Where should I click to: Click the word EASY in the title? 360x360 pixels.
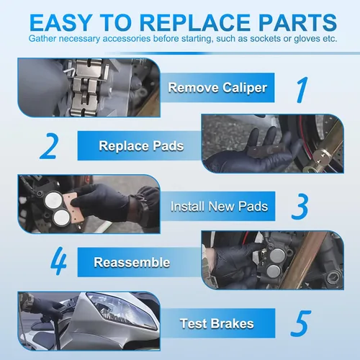[60, 22]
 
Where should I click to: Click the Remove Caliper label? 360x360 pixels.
[217, 88]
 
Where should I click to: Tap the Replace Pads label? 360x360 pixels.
[141, 145]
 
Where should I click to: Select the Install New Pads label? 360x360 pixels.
[219, 207]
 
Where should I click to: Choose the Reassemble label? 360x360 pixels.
[132, 262]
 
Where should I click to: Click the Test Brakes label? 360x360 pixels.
[217, 323]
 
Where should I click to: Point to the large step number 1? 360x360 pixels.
[302, 90]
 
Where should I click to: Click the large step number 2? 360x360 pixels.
[49, 146]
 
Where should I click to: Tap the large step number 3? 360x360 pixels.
[300, 207]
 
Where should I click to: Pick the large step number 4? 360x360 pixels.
[58, 261]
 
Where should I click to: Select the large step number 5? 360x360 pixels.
[300, 323]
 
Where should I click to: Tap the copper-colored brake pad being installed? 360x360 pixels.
[73, 207]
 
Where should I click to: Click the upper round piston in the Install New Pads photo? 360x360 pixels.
[53, 200]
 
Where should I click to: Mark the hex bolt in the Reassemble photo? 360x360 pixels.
[333, 278]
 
